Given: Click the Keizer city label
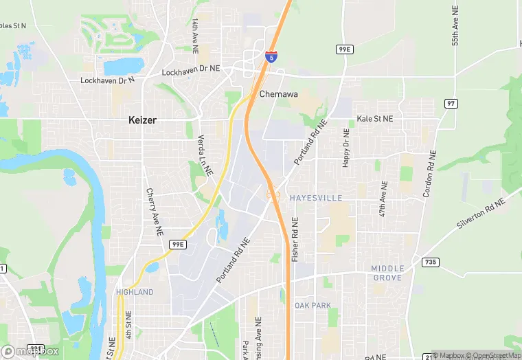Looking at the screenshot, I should point(142,120).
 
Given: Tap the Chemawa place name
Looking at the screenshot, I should point(278,94).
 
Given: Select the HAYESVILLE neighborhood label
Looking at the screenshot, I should point(315,197).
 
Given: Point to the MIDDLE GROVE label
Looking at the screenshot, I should point(387,273).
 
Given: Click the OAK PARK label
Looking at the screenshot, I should point(313,305).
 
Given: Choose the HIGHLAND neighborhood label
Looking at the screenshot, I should point(135,292).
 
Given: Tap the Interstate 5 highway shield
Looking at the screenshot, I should point(272,56).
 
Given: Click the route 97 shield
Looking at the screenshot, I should point(451,103).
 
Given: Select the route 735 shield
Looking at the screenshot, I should point(431,262).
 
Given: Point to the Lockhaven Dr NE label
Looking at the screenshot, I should point(190,71).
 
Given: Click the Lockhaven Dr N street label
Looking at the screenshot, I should point(108,80).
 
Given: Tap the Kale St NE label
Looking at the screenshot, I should point(375,119).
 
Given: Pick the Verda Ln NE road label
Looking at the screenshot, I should point(203,153).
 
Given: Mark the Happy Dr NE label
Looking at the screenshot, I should point(346,150).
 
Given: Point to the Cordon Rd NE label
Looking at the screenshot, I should point(429,173).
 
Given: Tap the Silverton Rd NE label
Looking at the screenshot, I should point(481,214).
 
